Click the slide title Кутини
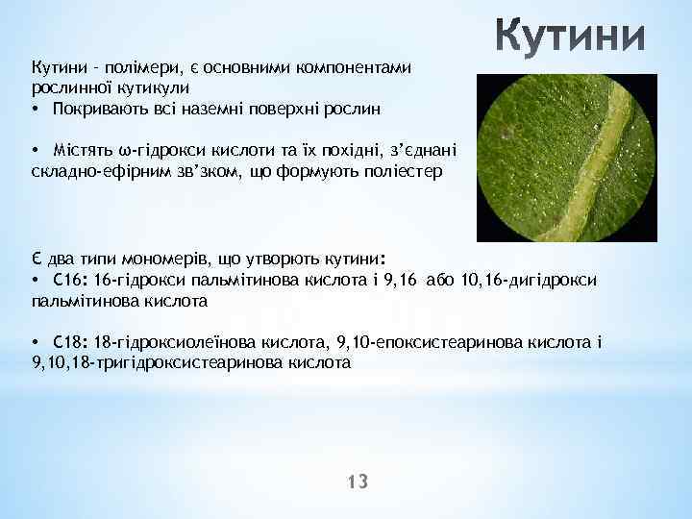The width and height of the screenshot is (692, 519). tap(571, 39)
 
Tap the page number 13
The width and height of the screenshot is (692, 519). tap(358, 482)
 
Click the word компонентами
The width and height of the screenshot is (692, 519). tap(355, 67)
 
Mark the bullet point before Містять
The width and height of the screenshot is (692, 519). tap(35, 151)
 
